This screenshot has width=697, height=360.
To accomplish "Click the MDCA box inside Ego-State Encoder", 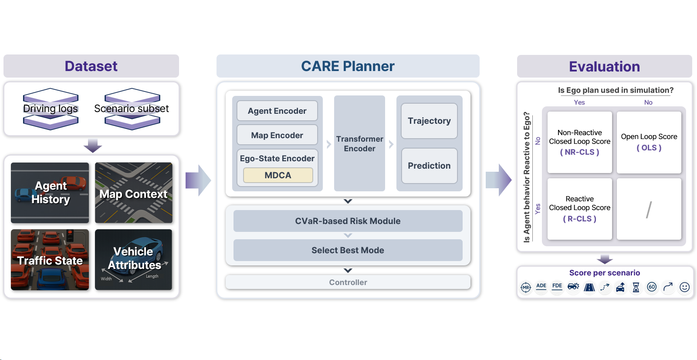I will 278,175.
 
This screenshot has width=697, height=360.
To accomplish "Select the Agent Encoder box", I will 277,111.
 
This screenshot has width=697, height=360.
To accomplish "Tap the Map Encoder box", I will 277,136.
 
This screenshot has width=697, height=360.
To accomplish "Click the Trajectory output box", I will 429,121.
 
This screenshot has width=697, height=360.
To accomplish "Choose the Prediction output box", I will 429,166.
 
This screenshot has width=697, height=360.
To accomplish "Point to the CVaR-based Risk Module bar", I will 348,221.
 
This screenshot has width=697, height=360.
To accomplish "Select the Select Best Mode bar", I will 348,250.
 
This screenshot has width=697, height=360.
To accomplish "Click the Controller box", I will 348,282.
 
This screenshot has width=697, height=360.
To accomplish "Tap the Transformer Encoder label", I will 359,144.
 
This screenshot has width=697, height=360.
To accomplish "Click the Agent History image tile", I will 50,193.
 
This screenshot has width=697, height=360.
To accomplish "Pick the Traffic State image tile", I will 50,260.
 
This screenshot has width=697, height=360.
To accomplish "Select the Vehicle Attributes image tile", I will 134,260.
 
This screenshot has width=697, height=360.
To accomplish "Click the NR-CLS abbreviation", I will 579,152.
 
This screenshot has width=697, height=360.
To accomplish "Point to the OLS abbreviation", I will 649,148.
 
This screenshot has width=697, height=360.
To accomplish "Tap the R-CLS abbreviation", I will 579,219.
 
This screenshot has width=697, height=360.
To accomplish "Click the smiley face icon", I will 685,287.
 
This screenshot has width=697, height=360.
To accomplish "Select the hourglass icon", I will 636,287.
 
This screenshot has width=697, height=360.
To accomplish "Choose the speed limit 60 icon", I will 652,287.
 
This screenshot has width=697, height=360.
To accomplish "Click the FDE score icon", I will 557,287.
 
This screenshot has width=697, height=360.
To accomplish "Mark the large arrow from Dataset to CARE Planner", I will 198,180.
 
